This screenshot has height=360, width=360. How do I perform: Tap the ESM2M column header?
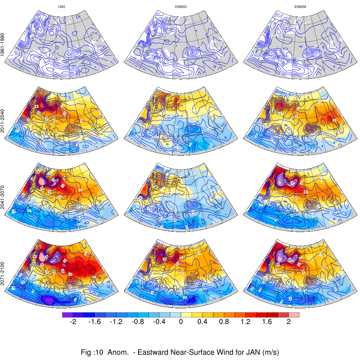pos(300,7)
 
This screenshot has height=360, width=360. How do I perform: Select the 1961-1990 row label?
pos(3,45)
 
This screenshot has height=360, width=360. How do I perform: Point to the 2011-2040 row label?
pos(3,121)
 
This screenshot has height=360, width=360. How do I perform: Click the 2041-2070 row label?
pos(3,196)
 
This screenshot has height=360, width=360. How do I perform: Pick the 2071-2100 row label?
pos(3,272)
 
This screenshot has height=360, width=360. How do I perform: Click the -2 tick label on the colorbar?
pos(73,322)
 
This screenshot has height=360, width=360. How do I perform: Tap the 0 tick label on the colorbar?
pos(180,322)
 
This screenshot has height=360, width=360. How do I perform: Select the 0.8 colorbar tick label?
pos(224,322)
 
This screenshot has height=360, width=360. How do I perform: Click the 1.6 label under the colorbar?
pos(266,322)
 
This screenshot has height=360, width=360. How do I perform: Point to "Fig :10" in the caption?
pos(92,352)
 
